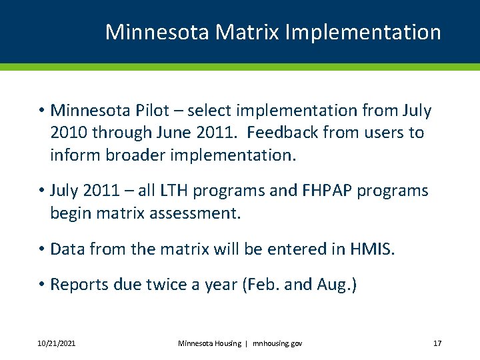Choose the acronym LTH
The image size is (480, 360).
pyautogui.click(x=167, y=191)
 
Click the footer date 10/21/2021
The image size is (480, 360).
pyautogui.click(x=57, y=343)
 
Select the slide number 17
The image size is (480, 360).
pyautogui.click(x=437, y=343)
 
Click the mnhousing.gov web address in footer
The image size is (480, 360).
pyautogui.click(x=277, y=343)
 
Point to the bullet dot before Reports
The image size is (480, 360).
pyautogui.click(x=41, y=285)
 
